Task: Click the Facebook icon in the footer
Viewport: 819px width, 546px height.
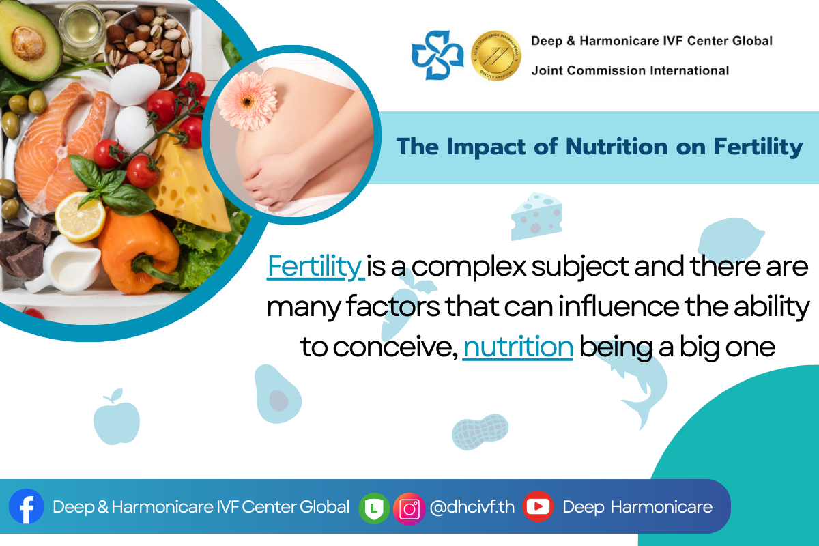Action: pos(27,506)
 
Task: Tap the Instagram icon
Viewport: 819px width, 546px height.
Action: pos(409,508)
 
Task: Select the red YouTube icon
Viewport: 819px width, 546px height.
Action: pos(538,506)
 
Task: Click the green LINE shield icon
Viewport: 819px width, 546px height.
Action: pos(374,508)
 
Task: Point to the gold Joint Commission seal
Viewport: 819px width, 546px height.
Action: pos(495,55)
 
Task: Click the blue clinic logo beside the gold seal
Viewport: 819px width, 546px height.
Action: pos(437,55)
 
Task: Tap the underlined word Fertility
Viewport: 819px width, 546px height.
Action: pos(315,267)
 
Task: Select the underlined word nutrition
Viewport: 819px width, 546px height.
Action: pos(518,347)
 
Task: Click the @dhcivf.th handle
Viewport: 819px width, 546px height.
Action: pos(472,507)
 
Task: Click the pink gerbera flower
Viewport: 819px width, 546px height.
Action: pos(248,101)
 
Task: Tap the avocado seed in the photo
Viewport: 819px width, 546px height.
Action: pos(29,44)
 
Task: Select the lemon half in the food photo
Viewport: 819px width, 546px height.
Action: pos(80,217)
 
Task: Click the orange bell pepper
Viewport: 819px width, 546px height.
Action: pos(138,252)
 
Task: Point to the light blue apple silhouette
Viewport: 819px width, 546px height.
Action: pos(116,417)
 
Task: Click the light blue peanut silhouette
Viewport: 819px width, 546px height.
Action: pos(480,431)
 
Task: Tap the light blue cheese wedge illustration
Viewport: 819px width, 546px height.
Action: pos(536,216)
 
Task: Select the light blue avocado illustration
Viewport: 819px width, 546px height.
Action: pos(277,394)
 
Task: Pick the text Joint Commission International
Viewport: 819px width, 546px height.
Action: pos(630,70)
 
